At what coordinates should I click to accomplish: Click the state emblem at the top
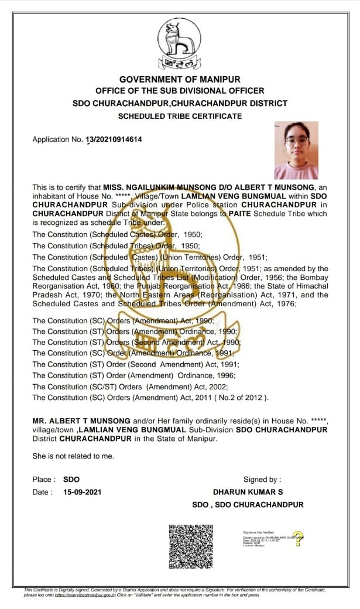coord(180,44)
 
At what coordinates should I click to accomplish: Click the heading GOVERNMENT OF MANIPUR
coord(180,79)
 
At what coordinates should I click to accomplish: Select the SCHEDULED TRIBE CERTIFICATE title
coord(180,116)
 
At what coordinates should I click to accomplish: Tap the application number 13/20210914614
coord(114,139)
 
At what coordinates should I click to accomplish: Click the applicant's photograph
coord(296,150)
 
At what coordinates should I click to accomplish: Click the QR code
coord(190,544)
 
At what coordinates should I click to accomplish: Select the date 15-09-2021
coord(82,492)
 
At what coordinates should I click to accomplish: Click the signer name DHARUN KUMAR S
coord(248,492)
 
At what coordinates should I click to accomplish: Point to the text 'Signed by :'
coord(262,480)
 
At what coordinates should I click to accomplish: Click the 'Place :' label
coord(44,480)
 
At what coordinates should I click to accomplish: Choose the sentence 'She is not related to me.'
coord(73,456)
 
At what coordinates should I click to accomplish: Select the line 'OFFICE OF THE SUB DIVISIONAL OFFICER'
coord(180,91)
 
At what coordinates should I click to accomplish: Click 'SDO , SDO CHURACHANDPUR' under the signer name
coord(248,504)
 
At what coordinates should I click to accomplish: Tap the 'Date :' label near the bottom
coord(42,492)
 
